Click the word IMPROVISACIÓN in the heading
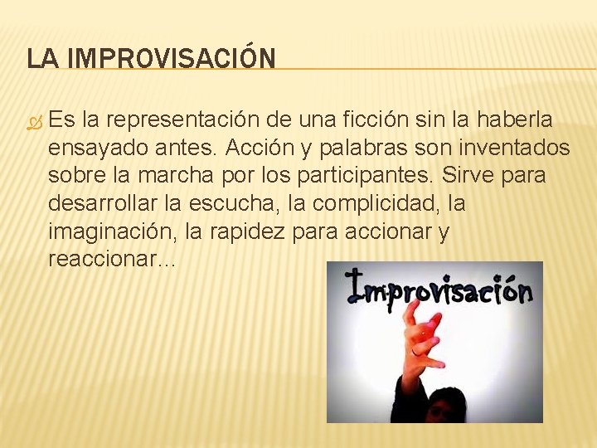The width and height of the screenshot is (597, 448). click(x=171, y=58)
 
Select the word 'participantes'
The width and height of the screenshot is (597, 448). click(x=361, y=177)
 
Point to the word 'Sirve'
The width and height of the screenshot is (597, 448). click(x=464, y=177)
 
